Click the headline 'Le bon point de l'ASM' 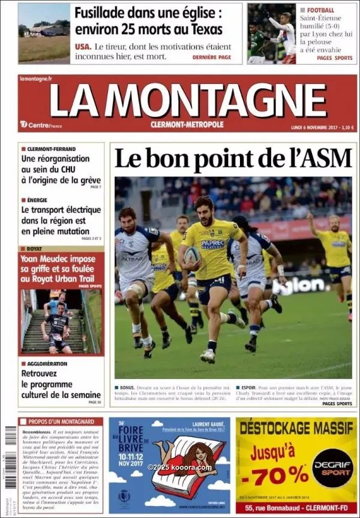pos(232,159)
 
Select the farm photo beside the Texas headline pos(44,34)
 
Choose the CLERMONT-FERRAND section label pos(51,149)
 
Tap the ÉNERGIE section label pos(37,200)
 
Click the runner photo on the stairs pos(60,322)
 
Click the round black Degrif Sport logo pos(332,468)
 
